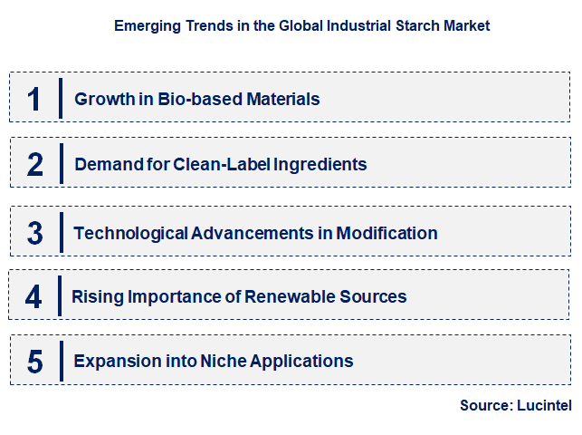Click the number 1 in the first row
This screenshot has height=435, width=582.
tap(33, 98)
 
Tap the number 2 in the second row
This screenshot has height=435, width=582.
tap(34, 164)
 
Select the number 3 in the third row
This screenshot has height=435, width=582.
tap(34, 233)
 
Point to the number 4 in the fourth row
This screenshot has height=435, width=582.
tap(33, 296)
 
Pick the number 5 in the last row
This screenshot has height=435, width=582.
tap(34, 362)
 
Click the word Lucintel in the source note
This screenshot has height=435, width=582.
tap(545, 406)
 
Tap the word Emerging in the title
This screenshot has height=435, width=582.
tap(145, 25)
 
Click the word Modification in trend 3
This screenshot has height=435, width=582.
tap(386, 233)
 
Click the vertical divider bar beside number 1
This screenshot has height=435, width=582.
tap(61, 98)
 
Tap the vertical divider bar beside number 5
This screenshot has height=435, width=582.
tap(61, 362)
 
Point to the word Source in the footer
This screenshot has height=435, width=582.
tap(486, 406)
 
